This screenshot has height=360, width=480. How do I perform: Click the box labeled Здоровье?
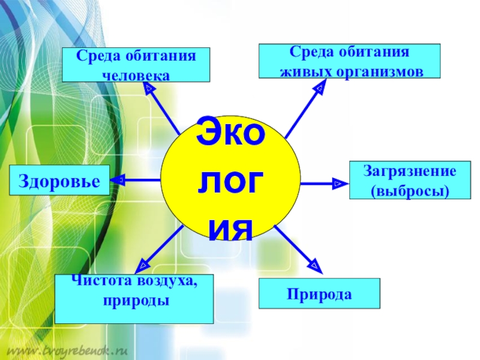59,180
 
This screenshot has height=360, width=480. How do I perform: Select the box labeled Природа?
319,294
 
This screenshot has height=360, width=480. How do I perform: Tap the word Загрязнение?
409,172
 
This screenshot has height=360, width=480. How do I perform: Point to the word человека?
136,76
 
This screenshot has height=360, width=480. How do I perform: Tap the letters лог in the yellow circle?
230,182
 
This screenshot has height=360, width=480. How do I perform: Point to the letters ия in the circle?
230,227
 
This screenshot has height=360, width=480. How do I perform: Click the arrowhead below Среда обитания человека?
149,88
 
